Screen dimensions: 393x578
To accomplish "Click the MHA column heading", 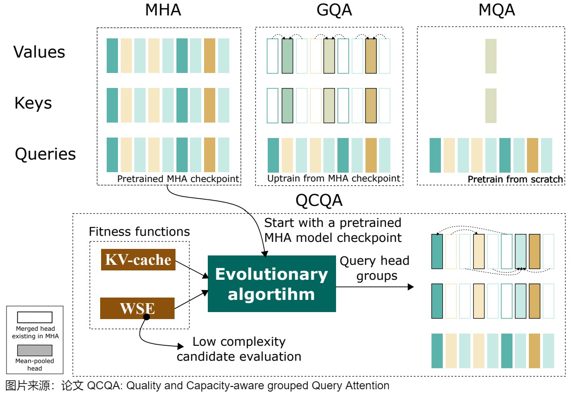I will tap(163, 10).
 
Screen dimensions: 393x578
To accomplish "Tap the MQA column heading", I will tap(497, 10).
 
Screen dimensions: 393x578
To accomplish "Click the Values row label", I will tap(39, 52).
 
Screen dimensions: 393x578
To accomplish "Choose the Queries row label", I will tap(45, 154).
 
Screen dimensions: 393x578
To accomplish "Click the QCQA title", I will tap(319, 200).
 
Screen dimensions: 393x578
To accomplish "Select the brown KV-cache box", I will tap(138, 260).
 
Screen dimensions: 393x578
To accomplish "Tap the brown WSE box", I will tap(137, 308).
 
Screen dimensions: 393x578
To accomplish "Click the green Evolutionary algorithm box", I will tap(271, 284).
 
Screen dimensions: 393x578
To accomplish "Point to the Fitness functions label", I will tap(139, 232).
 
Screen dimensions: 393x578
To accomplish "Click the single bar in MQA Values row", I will tap(490, 56).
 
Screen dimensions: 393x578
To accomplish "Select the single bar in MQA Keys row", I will tap(490, 105).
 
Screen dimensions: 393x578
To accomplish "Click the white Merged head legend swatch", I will tap(35, 317).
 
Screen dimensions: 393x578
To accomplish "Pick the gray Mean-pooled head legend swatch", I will tap(35, 350).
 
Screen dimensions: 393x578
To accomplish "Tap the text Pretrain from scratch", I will tap(515, 179).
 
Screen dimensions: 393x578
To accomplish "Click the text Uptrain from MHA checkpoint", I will tap(334, 178).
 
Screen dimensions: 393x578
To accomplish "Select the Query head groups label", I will tap(374, 268).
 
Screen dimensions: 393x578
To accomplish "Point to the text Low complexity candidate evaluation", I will tap(239, 349).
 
